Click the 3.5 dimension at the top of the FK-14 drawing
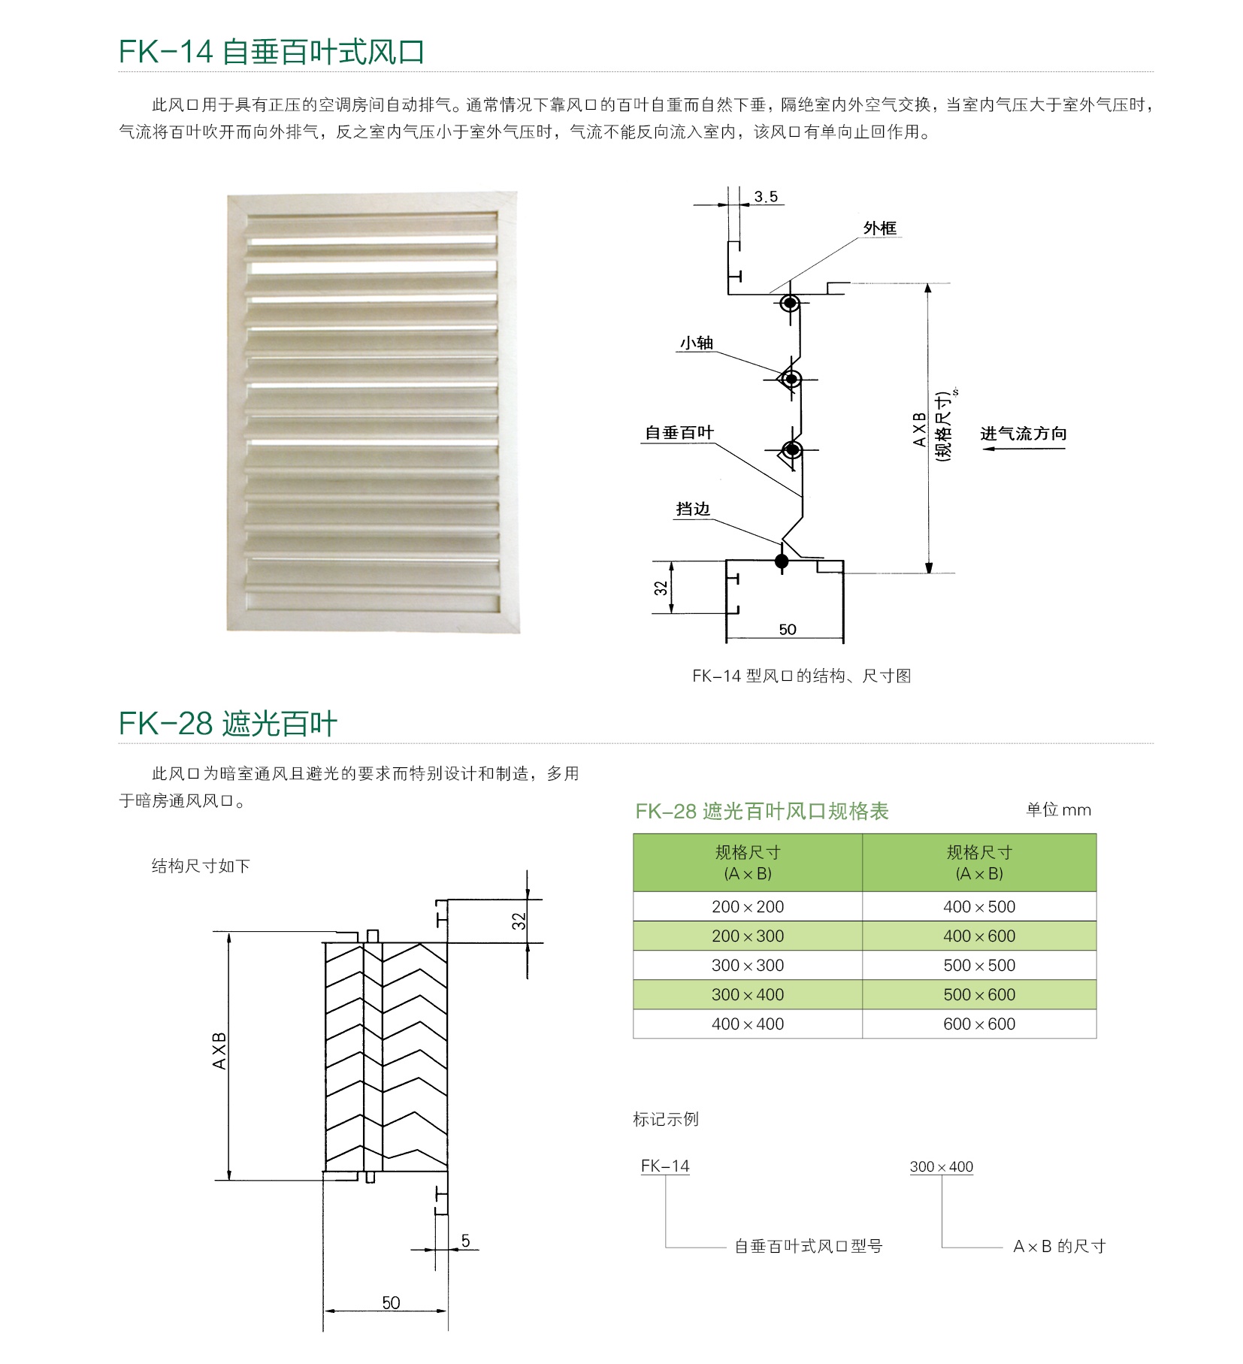766,197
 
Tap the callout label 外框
879,228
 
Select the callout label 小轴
697,343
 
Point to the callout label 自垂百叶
679,433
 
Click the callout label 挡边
693,510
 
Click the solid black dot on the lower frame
782,561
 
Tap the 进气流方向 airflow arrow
1024,449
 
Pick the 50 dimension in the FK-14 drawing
788,630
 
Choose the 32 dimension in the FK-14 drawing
661,588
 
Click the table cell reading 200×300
748,936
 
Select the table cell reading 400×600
979,936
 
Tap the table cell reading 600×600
979,1024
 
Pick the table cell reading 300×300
748,966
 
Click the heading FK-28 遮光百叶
228,724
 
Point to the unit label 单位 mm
1059,810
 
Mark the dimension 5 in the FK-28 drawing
466,1241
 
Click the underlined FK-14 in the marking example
665,1166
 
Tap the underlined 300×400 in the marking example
942,1167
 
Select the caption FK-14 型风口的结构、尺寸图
802,676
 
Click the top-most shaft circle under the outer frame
789,304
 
